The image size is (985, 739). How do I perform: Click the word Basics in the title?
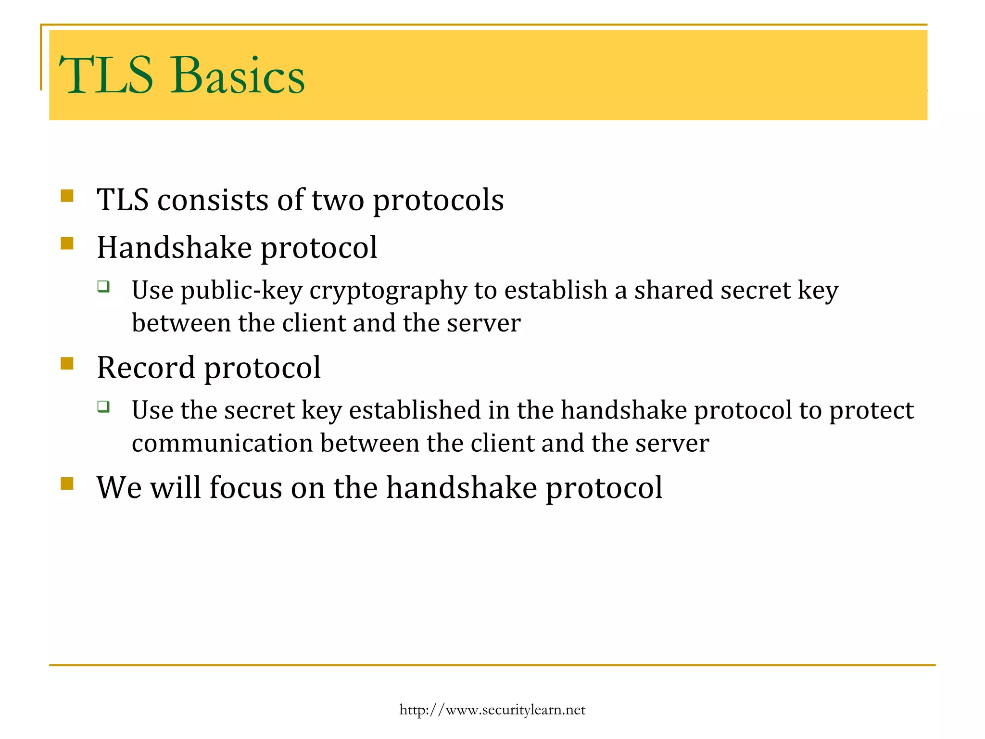(x=238, y=76)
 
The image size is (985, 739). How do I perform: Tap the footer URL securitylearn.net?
(x=492, y=710)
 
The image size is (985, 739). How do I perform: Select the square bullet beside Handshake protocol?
(x=67, y=243)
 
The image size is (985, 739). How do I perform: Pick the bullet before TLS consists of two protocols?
(x=67, y=196)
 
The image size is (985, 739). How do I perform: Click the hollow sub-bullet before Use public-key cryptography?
(x=103, y=287)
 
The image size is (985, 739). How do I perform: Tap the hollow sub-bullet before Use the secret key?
(x=103, y=407)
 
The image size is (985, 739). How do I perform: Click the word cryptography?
(x=388, y=291)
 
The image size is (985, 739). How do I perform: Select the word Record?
(x=146, y=368)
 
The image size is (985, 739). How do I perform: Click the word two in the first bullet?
(x=338, y=200)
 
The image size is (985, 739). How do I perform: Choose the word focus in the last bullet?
(x=245, y=488)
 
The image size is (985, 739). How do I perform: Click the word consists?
(x=213, y=200)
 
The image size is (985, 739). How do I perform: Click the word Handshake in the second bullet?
(x=174, y=248)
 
